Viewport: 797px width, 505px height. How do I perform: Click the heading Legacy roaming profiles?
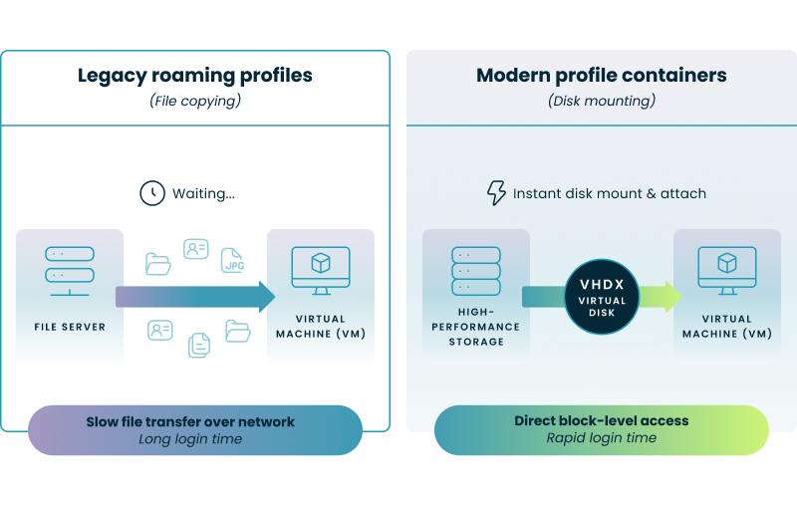(195, 76)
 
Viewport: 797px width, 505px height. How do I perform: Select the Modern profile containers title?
(601, 76)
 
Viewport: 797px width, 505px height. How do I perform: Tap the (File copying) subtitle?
(195, 101)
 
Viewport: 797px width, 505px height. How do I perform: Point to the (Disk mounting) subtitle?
(601, 101)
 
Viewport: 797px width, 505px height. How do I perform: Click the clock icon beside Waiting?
(151, 193)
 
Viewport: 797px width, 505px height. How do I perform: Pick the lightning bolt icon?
(495, 193)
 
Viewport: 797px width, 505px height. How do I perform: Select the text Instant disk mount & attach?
(609, 193)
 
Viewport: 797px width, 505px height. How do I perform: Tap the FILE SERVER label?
(70, 327)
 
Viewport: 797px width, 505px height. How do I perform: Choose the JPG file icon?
(232, 262)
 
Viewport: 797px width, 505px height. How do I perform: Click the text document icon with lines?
(199, 345)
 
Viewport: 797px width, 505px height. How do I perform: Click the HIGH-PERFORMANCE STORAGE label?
(476, 334)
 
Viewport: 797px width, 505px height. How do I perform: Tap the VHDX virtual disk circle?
(602, 296)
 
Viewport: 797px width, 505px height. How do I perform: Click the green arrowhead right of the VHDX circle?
(665, 296)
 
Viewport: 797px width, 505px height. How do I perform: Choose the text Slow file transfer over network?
(190, 421)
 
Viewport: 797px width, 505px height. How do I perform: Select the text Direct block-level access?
(601, 421)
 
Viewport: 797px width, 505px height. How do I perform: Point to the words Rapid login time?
(601, 438)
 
